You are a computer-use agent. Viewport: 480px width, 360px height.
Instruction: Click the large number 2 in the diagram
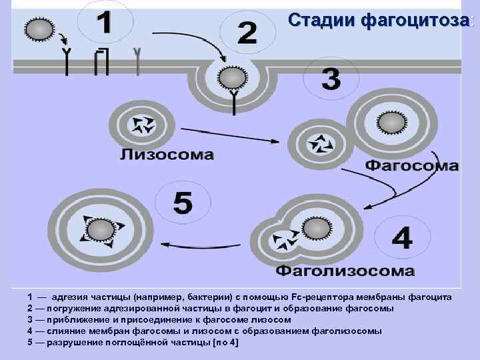tap(247, 33)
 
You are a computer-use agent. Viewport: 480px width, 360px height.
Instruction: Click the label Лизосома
tap(167, 155)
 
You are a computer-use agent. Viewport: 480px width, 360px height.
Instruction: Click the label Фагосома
tap(412, 165)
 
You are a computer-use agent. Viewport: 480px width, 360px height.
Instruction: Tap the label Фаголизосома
tap(345, 271)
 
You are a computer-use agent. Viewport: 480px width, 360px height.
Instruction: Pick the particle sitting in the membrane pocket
tap(232, 79)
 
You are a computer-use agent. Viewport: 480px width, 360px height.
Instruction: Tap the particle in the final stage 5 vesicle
tap(101, 229)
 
